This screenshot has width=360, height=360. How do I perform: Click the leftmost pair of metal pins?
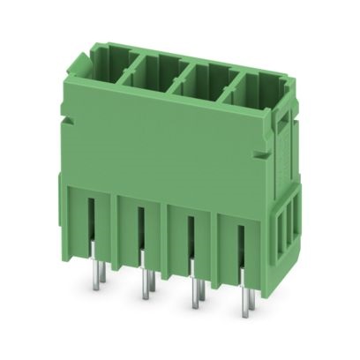point(97,270)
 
